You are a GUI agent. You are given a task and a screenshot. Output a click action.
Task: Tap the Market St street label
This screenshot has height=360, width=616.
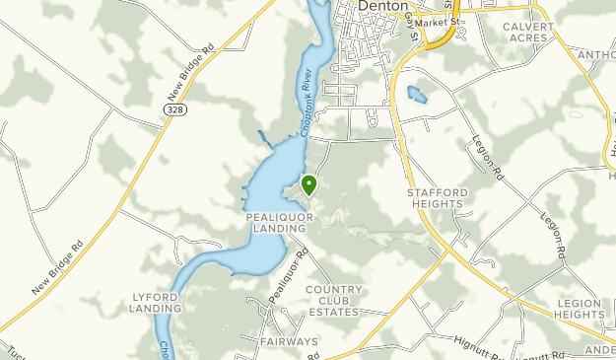(x=432, y=22)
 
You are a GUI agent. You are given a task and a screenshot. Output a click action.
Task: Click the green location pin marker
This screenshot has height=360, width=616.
(x=308, y=183)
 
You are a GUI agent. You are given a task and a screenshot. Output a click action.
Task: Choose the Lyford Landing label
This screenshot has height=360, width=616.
(x=156, y=302)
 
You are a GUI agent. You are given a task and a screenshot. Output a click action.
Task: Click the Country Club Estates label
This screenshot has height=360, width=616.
(x=334, y=301)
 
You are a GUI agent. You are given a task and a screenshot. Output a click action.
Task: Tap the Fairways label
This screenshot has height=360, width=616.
(x=290, y=342)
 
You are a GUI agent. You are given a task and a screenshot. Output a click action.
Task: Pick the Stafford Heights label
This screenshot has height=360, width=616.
(x=436, y=197)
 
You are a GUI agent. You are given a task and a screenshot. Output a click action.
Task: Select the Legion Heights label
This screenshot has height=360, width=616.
(x=579, y=308)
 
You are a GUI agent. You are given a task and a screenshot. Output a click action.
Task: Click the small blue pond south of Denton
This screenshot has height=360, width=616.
(x=418, y=95)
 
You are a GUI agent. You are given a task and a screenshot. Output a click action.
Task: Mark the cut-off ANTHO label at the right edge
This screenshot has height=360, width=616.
(x=596, y=55)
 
